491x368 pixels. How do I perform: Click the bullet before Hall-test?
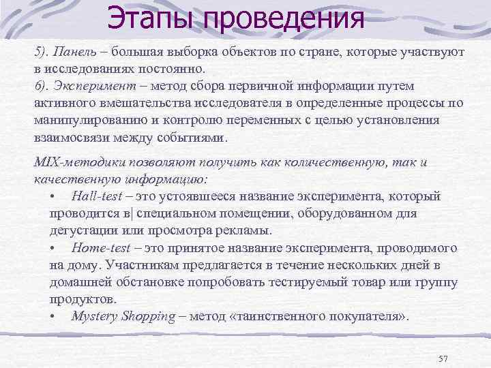53,196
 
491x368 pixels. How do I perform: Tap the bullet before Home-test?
53,248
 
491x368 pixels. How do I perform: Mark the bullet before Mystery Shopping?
53,317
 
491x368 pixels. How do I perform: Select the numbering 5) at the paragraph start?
42,51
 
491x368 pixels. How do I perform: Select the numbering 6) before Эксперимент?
42,86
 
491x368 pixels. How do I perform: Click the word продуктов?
80,299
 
